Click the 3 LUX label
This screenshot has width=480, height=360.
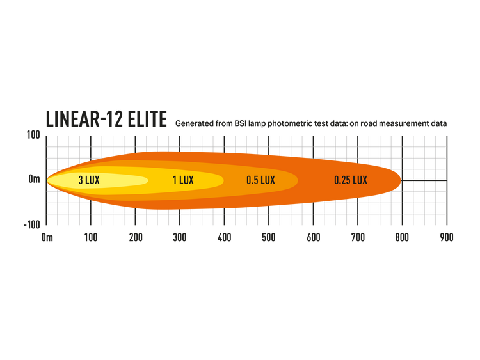pyautogui.click(x=89, y=180)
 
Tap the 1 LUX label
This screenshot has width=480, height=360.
pyautogui.click(x=183, y=180)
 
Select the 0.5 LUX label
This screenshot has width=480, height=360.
pyautogui.click(x=261, y=180)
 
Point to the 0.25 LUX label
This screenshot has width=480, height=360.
pyautogui.click(x=351, y=180)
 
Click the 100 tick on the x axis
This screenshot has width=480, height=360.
pyautogui.click(x=91, y=237)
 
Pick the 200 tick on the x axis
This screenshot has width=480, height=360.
pyautogui.click(x=136, y=237)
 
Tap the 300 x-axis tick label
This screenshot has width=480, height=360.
pyautogui.click(x=180, y=237)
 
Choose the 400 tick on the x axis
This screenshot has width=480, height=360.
pyautogui.click(x=225, y=237)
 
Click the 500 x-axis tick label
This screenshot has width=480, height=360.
pyautogui.click(x=269, y=237)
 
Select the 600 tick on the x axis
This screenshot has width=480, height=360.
pyautogui.click(x=314, y=237)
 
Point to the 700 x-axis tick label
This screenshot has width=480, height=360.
pyautogui.click(x=358, y=237)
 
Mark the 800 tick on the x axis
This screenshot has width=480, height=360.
pyautogui.click(x=403, y=237)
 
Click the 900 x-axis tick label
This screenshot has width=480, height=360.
pyautogui.click(x=447, y=237)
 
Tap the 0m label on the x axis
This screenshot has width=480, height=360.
pyautogui.click(x=47, y=237)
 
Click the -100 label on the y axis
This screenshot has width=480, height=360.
pyautogui.click(x=32, y=225)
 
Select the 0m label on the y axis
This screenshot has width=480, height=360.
pyautogui.click(x=35, y=179)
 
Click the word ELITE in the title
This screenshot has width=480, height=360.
pyautogui.click(x=147, y=119)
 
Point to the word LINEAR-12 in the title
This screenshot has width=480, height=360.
pyautogui.click(x=84, y=119)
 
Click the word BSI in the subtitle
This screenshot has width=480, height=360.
pyautogui.click(x=241, y=123)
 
